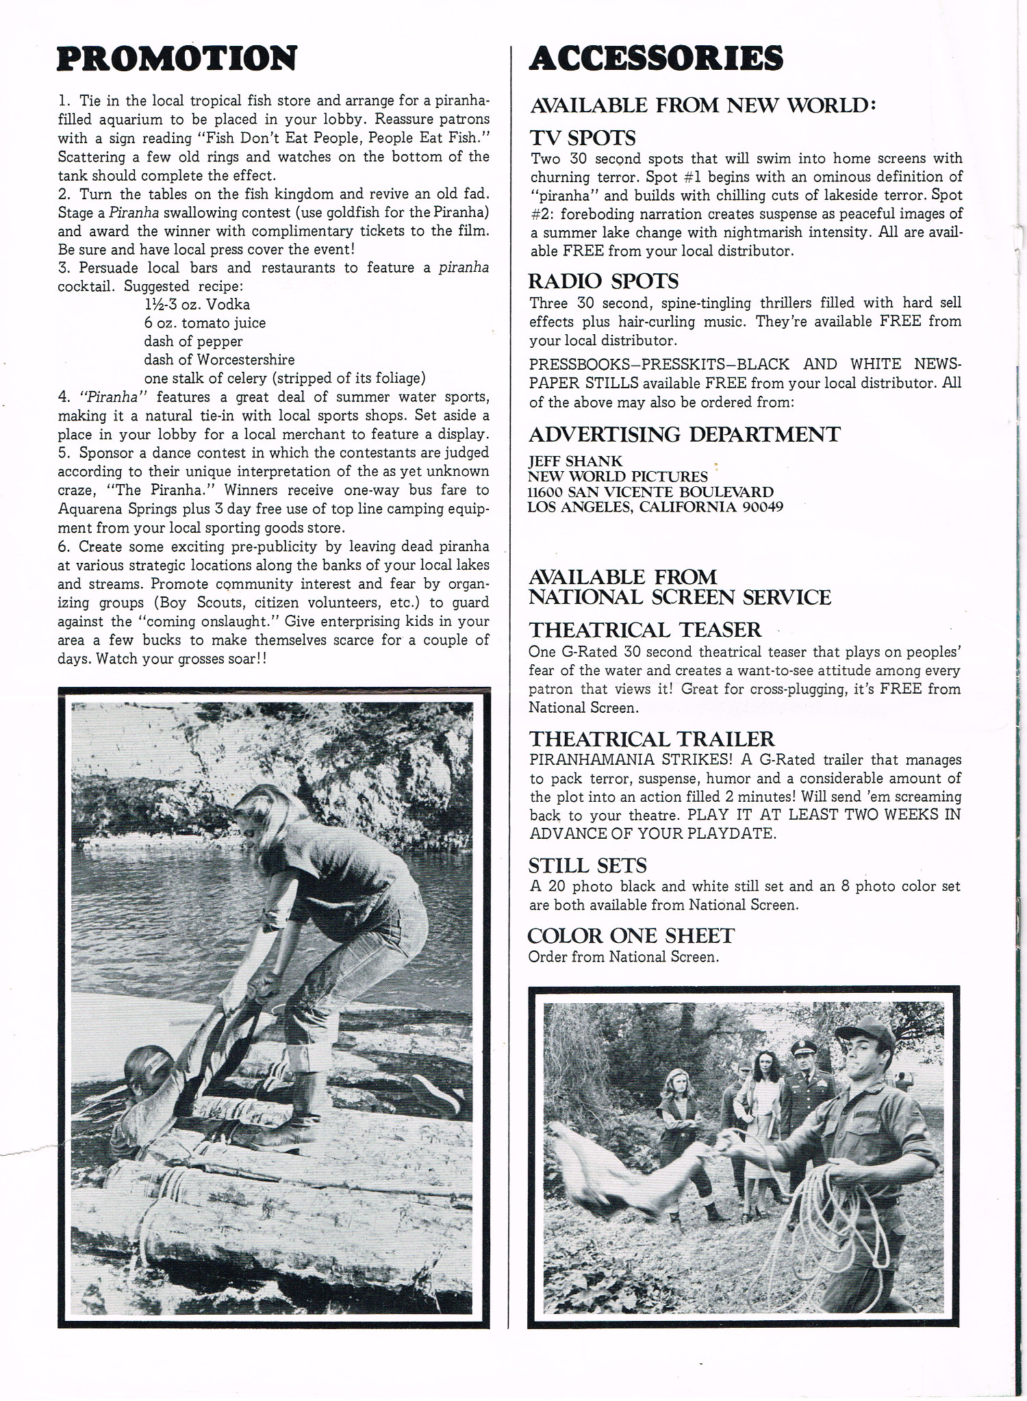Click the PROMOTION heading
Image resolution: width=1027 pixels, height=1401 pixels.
177,59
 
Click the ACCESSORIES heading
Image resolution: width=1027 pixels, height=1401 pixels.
656,59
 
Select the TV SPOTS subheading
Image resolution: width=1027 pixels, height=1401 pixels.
583,138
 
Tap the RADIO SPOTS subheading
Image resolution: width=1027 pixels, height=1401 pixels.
603,281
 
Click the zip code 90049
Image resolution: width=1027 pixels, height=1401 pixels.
763,507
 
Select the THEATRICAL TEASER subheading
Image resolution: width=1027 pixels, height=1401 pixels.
645,629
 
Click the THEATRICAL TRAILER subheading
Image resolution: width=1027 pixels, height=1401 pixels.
651,739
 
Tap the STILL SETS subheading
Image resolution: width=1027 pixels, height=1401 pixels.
587,866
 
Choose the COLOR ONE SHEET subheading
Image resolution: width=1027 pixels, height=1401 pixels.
631,935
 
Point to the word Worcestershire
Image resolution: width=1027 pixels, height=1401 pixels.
246,359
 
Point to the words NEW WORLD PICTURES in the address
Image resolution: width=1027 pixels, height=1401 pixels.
618,477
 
